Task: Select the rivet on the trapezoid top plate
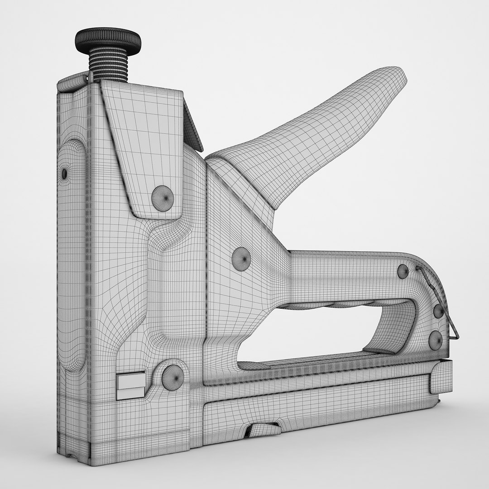coord(162,198)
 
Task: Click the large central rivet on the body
coord(241,259)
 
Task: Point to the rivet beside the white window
coord(173,376)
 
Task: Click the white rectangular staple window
coord(130,386)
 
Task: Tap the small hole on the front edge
coord(64,173)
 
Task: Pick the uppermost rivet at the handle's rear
coord(403,271)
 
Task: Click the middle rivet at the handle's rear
coord(438,312)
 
